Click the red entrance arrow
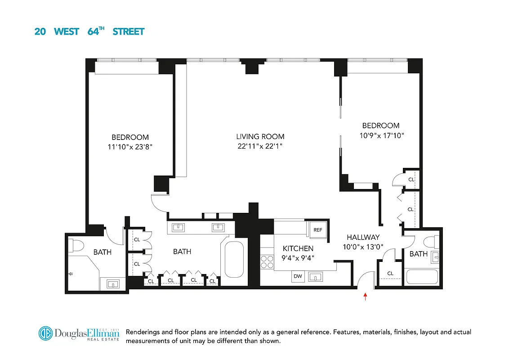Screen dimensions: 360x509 365,296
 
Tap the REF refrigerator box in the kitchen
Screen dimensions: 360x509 317,229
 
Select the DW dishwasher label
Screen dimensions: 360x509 298,276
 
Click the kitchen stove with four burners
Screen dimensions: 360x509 267,262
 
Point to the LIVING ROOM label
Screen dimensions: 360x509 260,137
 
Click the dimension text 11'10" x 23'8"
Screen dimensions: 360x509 130,147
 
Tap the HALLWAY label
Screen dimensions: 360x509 363,237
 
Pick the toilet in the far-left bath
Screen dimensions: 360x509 76,246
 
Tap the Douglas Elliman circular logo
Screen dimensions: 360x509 45,334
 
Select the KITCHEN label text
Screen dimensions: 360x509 298,248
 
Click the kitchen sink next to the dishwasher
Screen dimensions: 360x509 317,276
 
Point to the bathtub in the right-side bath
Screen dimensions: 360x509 422,276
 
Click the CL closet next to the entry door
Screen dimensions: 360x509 390,273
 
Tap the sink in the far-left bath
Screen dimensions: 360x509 112,283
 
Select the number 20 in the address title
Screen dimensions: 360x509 40,31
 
